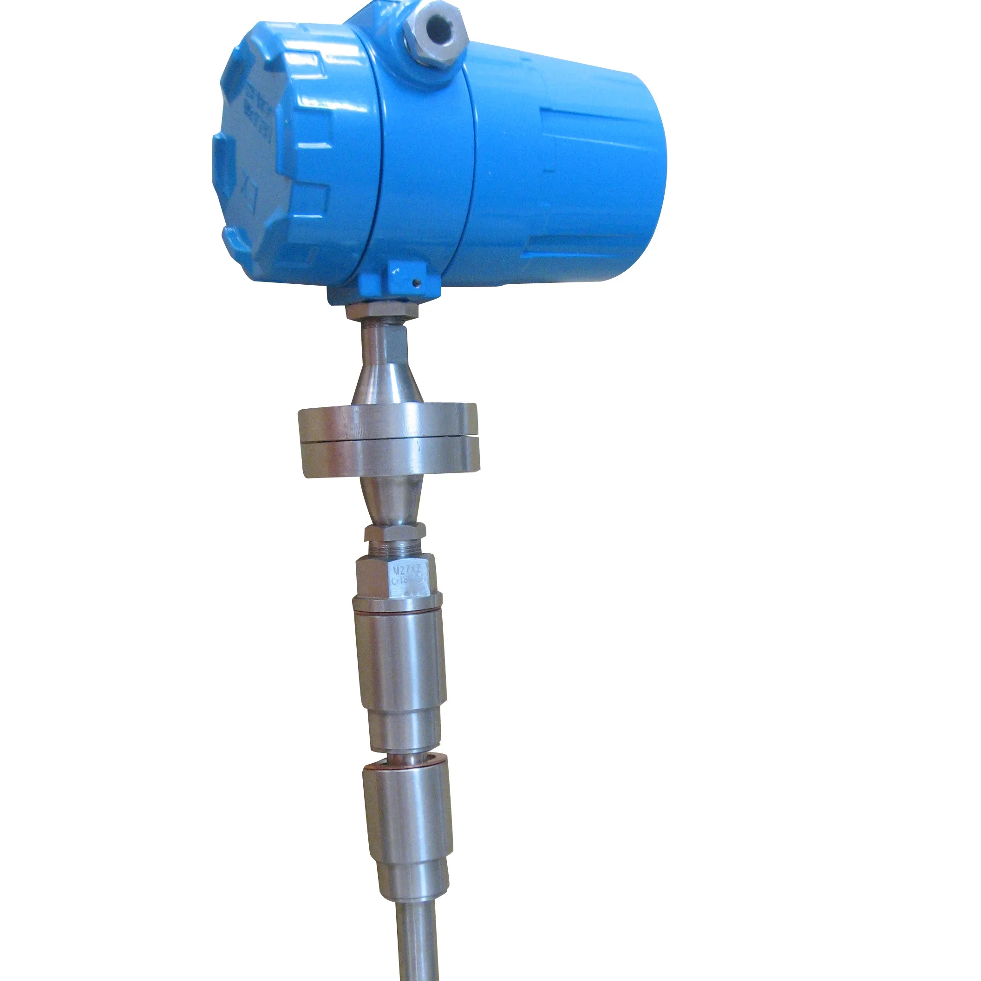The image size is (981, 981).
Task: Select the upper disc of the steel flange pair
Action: coord(387,421)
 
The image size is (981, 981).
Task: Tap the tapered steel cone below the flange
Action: coord(390,500)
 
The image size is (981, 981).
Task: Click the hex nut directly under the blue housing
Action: coord(382,311)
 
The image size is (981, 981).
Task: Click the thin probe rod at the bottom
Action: coord(418,939)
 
